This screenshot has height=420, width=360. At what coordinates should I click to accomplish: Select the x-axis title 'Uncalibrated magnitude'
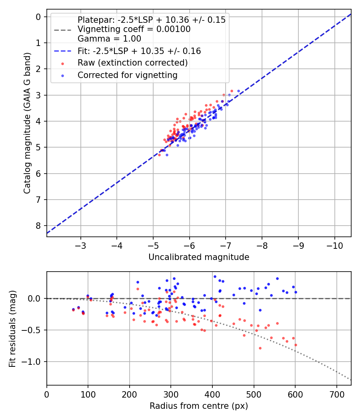coord(199,257)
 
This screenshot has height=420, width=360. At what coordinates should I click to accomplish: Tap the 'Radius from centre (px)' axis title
coord(199,406)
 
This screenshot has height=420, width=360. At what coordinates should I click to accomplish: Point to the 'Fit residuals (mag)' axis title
coord(12,329)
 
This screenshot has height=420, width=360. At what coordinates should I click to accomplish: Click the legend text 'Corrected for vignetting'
coord(127,75)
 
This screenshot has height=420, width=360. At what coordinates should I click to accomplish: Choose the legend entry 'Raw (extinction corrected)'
coord(132,63)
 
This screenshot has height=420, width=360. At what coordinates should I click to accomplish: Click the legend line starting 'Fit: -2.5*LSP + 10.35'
coord(139,51)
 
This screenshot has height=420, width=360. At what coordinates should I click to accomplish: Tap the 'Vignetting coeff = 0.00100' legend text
coord(134,29)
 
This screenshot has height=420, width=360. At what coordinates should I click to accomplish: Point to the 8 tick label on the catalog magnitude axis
coord(38,226)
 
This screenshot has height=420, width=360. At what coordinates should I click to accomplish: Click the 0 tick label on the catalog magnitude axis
coord(38,17)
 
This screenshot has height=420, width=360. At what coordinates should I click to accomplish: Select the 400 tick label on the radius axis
coord(212,394)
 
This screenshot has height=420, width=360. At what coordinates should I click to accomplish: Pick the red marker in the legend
coord(62,63)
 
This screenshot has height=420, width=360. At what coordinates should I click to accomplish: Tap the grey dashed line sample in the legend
coord(62,30)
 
